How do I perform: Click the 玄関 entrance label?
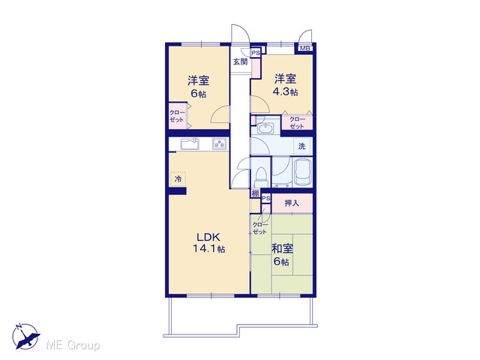241,61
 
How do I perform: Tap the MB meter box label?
304,48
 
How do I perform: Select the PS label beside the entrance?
256,52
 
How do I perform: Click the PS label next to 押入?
266,198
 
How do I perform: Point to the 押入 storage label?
292,203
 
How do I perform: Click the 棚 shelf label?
255,193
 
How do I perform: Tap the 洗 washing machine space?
302,146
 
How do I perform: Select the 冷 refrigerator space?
178,178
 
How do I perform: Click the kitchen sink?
190,144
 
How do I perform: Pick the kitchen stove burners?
220,144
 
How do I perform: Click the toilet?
260,177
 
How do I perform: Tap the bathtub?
302,173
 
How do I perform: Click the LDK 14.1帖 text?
208,243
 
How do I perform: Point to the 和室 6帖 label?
282,255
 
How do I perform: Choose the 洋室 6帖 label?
198,87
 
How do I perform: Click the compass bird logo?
25,336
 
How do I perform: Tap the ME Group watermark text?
73,346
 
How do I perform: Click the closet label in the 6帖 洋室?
177,116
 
